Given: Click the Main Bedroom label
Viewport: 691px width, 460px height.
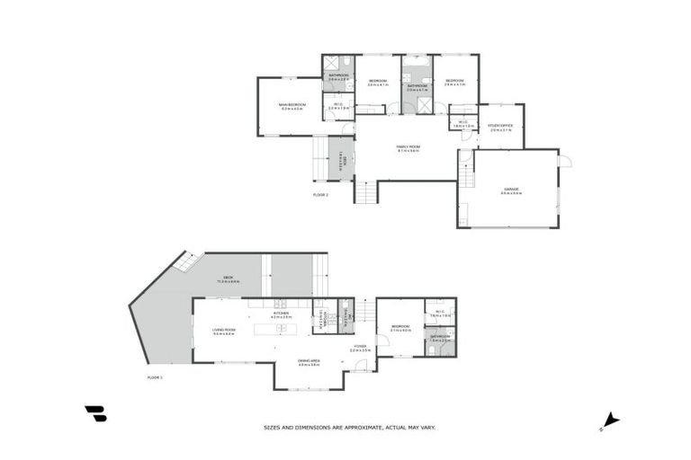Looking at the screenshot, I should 292,106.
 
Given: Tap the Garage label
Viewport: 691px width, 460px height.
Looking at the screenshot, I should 512,190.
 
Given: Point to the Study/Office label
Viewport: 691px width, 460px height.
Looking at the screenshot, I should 500,128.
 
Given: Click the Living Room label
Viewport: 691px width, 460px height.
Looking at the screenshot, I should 224,331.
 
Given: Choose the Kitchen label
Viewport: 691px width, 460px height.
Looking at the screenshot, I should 282,314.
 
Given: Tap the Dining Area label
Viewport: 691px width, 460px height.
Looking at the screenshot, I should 310,364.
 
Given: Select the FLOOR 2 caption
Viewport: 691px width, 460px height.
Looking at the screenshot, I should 320,194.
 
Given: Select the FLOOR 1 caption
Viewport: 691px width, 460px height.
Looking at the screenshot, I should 155,377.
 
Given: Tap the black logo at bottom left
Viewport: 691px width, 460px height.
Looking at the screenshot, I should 95,413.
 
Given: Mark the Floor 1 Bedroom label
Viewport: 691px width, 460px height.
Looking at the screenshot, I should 400,328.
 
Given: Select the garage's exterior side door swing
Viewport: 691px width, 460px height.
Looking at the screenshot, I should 564,161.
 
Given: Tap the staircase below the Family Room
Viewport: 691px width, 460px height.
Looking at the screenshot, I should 366,191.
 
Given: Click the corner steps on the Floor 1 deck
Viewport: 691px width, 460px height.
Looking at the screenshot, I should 187,261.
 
